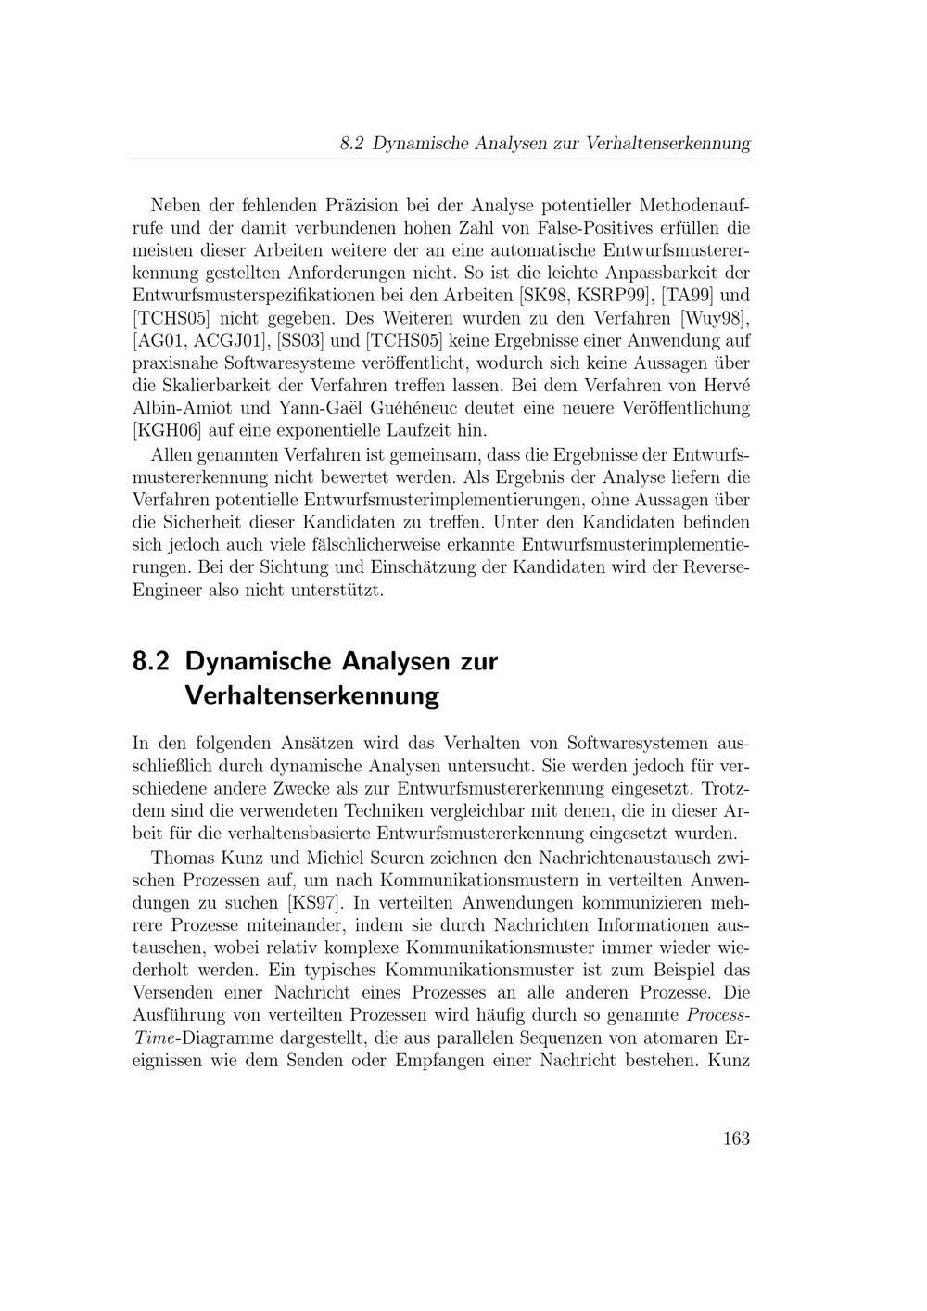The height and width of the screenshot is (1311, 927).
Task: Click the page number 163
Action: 735,1139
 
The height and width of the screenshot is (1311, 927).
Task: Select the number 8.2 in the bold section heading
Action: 152,662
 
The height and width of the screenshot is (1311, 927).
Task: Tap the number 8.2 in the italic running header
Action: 352,144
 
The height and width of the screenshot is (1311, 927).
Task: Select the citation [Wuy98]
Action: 713,319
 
